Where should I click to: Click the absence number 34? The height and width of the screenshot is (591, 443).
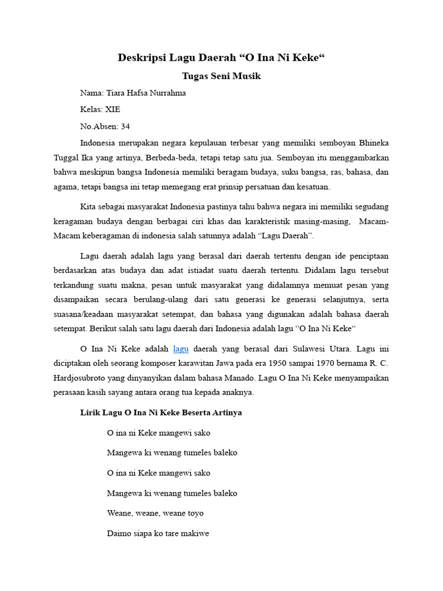[125, 126]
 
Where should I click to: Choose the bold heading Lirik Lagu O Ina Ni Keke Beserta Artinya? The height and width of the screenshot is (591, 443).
[161, 413]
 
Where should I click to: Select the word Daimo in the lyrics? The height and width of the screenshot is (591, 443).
[119, 534]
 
